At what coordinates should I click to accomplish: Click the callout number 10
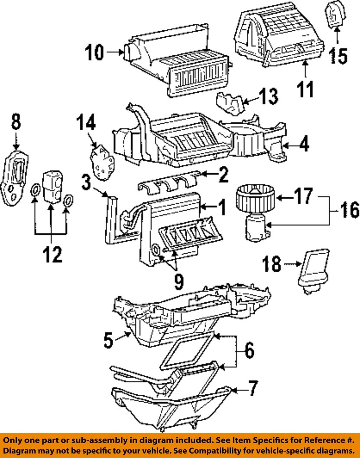point(94,53)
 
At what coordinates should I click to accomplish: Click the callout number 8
point(16,122)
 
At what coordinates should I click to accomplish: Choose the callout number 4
point(305,144)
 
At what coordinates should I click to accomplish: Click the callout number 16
point(350,210)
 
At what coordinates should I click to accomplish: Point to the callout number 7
point(253,388)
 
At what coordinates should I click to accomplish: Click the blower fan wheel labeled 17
point(255,196)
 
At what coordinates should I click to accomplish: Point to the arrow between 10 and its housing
point(115,52)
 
